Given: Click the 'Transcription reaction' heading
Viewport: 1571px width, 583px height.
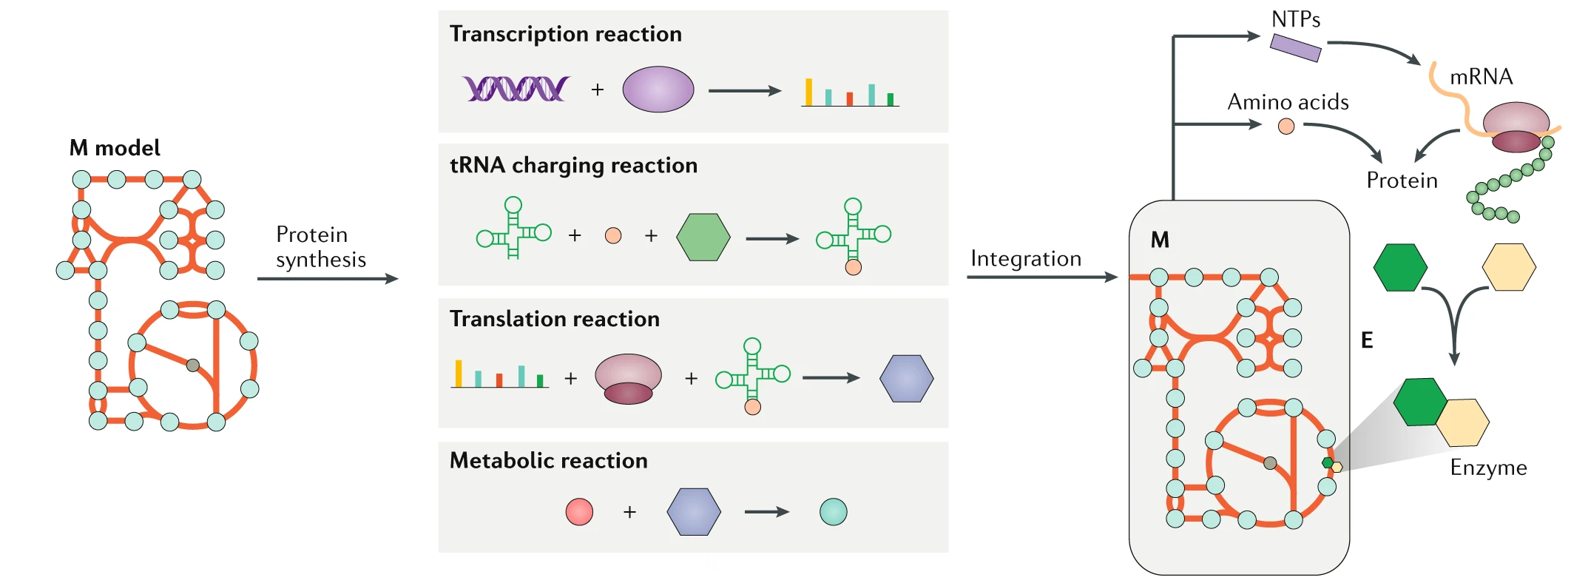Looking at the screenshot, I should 565,34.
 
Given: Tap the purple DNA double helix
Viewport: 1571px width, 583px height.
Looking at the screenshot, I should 516,89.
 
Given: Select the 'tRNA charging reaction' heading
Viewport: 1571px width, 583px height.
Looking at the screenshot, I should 573,165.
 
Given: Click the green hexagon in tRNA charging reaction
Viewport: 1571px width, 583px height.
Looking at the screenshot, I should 703,237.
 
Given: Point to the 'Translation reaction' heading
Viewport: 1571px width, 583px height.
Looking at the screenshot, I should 555,319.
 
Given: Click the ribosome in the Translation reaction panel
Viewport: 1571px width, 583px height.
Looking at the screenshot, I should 628,378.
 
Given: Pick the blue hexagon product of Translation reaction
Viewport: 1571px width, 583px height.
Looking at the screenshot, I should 906,378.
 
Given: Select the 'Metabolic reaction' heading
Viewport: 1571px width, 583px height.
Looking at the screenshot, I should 548,461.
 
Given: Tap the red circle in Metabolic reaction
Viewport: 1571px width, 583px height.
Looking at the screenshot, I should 579,511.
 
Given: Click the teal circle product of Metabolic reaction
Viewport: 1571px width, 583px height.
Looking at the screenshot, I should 834,511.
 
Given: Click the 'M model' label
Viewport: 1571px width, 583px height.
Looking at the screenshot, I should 115,148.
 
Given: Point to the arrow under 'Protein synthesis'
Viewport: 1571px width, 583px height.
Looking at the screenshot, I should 327,279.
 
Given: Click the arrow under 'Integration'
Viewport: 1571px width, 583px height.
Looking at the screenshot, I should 1041,277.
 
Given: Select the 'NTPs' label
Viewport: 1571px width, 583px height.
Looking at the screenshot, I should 1296,20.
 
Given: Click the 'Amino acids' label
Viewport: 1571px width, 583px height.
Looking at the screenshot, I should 1288,102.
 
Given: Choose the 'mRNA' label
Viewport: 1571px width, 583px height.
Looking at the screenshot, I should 1481,77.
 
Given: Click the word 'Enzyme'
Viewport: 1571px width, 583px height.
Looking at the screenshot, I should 1488,468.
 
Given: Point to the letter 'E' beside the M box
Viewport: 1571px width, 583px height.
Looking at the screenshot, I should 1367,340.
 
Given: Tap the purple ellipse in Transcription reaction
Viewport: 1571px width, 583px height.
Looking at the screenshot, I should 658,90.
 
